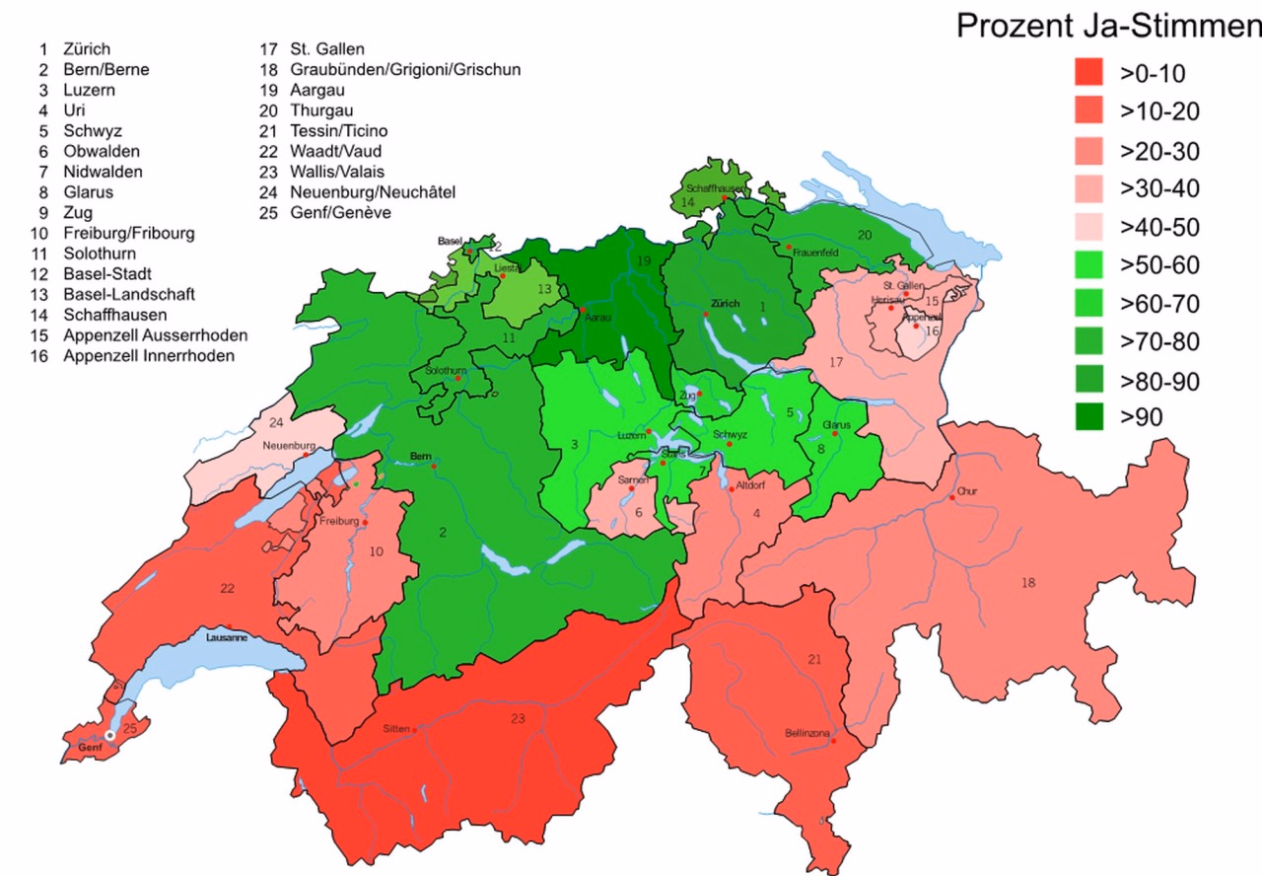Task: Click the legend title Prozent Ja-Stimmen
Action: pyautogui.click(x=1108, y=27)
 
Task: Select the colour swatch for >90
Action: pyautogui.click(x=1088, y=417)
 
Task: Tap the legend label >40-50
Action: pyautogui.click(x=1159, y=227)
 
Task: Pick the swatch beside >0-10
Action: pyautogui.click(x=1088, y=73)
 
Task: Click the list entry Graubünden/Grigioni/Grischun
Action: pyautogui.click(x=404, y=69)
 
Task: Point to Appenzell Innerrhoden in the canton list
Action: pyautogui.click(x=148, y=355)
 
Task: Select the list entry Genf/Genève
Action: pyautogui.click(x=339, y=213)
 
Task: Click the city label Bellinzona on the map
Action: pyautogui.click(x=806, y=733)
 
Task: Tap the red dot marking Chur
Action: pyautogui.click(x=952, y=498)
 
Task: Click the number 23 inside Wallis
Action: pyautogui.click(x=518, y=718)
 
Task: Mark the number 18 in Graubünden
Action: pyautogui.click(x=1028, y=583)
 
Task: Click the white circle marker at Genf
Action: pyautogui.click(x=110, y=735)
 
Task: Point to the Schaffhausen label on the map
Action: pyautogui.click(x=716, y=187)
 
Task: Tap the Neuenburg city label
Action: pyautogui.click(x=288, y=445)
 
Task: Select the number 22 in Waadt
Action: pyautogui.click(x=228, y=589)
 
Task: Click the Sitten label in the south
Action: pyautogui.click(x=395, y=729)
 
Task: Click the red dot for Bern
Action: pyautogui.click(x=433, y=466)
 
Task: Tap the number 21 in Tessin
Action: pyautogui.click(x=813, y=659)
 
